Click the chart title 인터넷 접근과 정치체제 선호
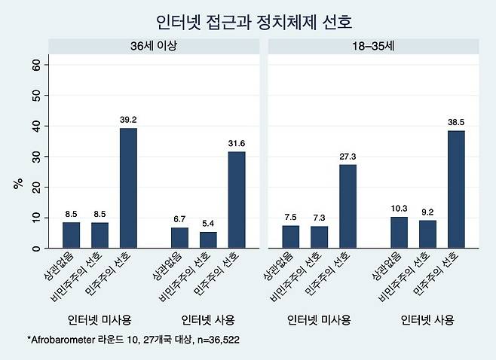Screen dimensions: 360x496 (248, 20)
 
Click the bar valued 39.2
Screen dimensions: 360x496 (130, 188)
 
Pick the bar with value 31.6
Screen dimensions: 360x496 (236, 200)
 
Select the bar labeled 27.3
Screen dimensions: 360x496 (348, 206)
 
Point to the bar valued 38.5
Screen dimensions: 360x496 (457, 189)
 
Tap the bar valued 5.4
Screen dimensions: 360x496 (208, 239)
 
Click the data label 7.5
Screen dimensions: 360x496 (291, 217)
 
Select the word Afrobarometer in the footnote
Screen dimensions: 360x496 (69, 340)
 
